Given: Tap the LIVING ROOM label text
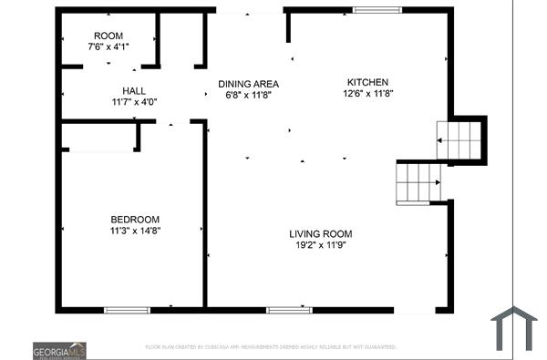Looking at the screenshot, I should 317,233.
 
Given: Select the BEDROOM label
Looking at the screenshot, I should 135,219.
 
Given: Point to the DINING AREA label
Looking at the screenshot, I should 248,83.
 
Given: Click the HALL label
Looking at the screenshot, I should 134,91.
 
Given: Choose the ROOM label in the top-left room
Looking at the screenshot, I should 108,36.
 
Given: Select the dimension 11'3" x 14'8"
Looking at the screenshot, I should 135,231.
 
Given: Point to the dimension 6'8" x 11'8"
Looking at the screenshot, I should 248,95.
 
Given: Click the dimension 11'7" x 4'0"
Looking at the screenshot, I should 134,102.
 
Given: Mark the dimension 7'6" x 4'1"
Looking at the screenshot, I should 108,46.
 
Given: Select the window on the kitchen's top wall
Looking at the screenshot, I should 377,10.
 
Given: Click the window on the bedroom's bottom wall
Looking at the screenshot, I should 127,310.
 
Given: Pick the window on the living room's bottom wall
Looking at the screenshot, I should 289,310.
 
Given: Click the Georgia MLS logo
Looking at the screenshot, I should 59,350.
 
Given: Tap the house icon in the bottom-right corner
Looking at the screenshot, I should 513,329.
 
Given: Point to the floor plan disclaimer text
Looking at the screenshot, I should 271,347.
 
